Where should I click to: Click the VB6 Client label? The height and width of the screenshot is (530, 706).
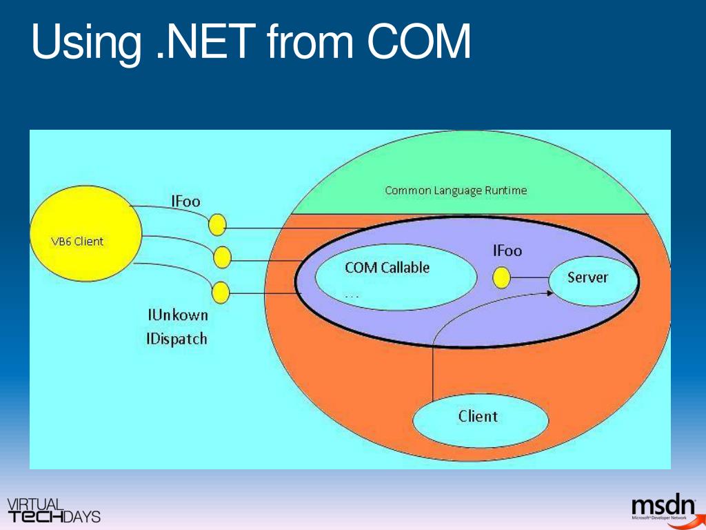pos(78,242)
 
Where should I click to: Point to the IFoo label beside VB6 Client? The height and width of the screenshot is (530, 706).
pos(185,202)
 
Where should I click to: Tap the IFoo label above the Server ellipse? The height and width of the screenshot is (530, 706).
pos(507,251)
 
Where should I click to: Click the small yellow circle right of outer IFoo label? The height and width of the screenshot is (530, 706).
pos(217,224)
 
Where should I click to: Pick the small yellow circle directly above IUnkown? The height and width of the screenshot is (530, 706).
pos(220,293)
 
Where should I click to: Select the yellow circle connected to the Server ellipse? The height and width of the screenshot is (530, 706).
pos(502,278)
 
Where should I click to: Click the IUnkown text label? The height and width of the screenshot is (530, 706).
pos(177,315)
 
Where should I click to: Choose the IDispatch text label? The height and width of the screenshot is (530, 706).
pos(176,339)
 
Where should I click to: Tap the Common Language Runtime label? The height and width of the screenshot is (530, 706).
pos(455,190)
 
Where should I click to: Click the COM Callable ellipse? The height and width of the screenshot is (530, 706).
pos(395,276)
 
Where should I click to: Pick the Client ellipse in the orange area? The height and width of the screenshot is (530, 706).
pos(479,417)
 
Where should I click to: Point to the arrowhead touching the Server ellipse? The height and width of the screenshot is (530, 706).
pos(550,293)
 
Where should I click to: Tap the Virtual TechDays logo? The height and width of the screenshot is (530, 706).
pos(53,510)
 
